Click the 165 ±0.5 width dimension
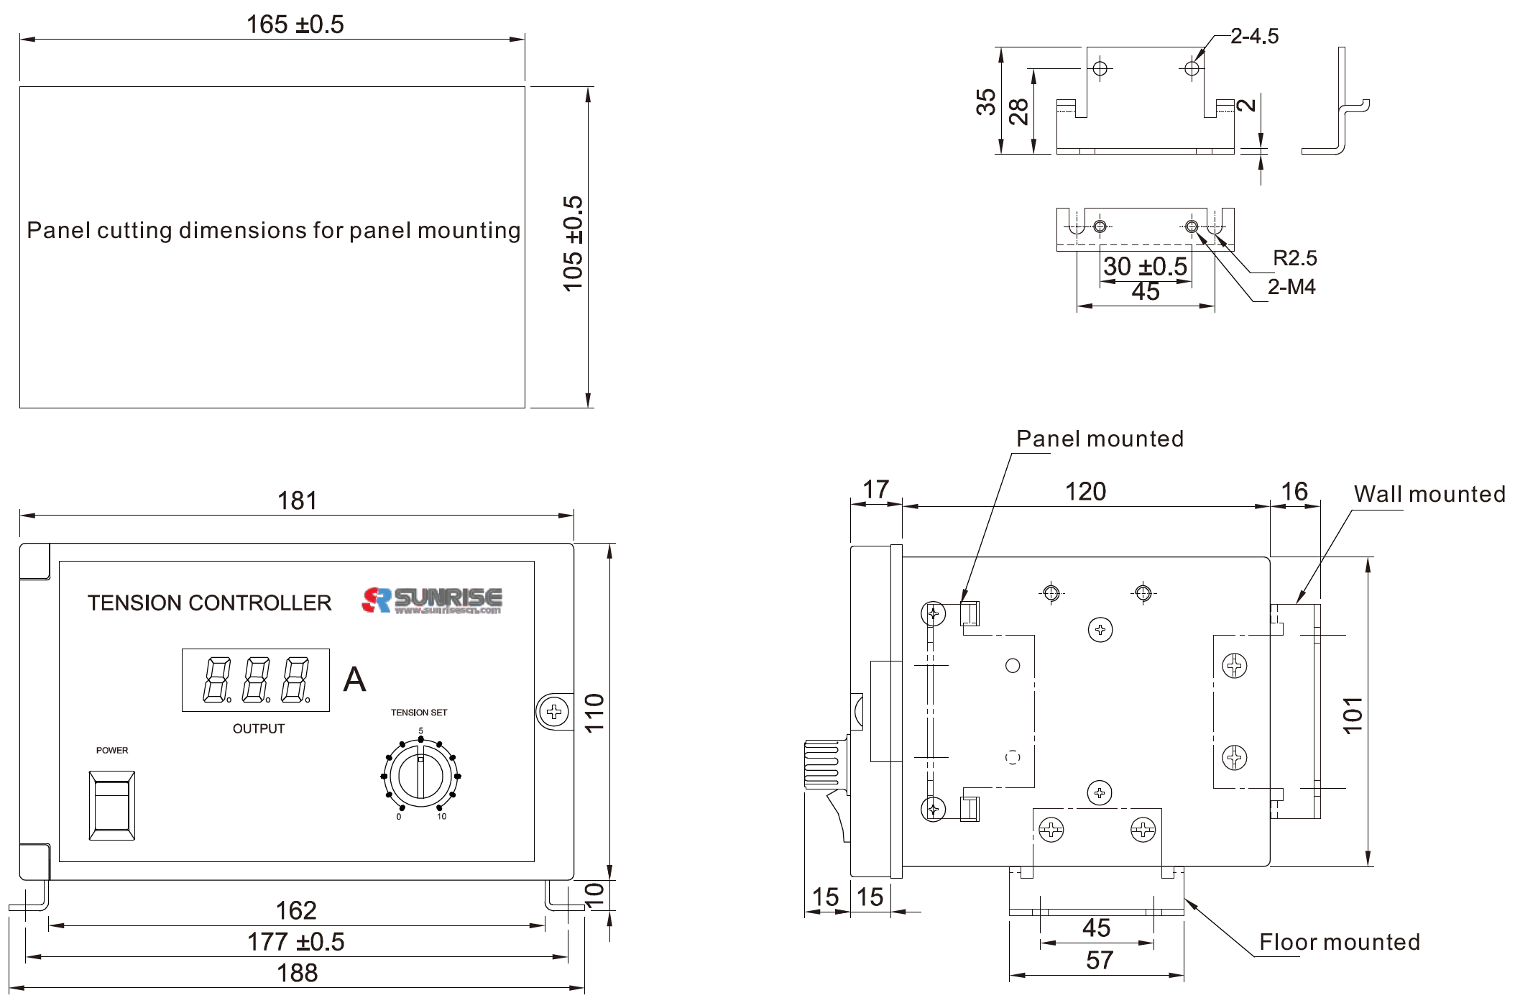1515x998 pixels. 295,24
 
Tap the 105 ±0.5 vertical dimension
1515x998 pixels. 573,244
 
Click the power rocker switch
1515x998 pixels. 112,805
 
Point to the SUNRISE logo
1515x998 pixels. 432,600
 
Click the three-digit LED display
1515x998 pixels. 256,680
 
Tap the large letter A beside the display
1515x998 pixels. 354,679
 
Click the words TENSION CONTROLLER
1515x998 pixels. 209,603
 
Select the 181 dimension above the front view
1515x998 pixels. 297,500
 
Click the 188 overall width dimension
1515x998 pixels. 297,973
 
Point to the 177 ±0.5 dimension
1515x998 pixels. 295,942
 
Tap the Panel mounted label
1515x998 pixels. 1100,439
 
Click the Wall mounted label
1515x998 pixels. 1429,494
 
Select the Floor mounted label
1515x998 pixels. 1340,942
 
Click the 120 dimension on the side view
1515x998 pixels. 1085,492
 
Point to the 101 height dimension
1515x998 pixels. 1353,715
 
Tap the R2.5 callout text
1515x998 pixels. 1294,258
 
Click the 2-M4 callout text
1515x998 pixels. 1291,287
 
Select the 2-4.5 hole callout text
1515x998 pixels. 1254,36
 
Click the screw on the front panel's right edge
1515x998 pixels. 553,712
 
